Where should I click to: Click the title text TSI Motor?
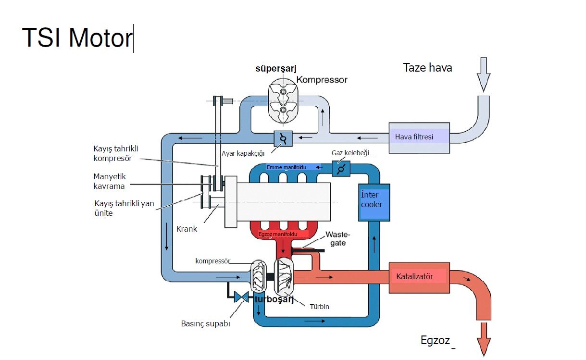tap(77, 37)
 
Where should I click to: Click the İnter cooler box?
tap(374, 202)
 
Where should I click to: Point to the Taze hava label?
tap(427, 68)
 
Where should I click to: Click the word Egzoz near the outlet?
tap(435, 341)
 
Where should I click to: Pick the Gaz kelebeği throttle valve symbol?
tap(341, 169)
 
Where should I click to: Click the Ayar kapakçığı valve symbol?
tap(284, 138)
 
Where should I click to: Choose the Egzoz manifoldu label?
tap(277, 234)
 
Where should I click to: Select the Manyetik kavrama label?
tap(109, 181)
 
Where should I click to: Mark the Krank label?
tap(187, 229)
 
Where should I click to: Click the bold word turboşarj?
tap(274, 300)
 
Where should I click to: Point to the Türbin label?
tap(319, 306)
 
